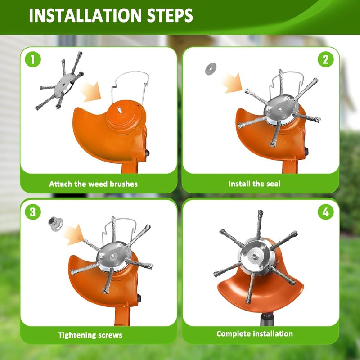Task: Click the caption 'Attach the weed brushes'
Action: tap(93, 184)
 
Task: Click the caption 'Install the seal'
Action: tap(254, 184)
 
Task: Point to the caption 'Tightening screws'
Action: tap(90, 335)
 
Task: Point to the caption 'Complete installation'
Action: tap(254, 333)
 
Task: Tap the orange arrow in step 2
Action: tap(234, 84)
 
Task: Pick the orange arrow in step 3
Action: tap(73, 235)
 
